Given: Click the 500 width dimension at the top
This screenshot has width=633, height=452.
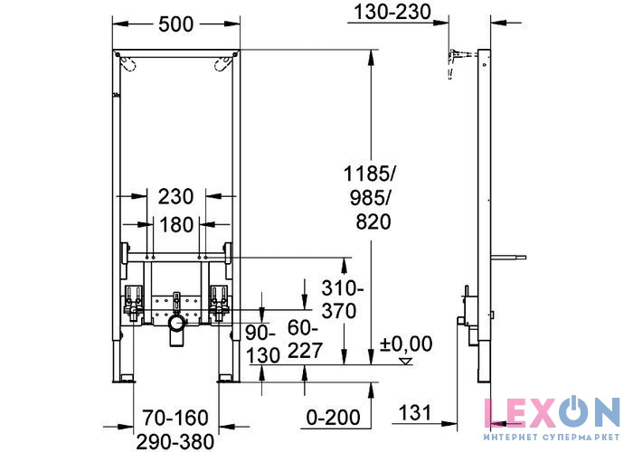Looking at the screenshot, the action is [176, 24].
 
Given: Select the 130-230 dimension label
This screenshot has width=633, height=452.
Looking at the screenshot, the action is [392, 12].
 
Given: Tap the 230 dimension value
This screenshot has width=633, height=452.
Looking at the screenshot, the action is [175, 197].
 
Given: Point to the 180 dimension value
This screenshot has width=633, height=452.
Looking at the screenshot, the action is [176, 224].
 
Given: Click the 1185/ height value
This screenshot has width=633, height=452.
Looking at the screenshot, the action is [370, 174].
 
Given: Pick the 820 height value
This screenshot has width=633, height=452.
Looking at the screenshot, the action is [373, 221].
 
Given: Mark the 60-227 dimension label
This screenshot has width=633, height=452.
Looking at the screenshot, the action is [305, 339].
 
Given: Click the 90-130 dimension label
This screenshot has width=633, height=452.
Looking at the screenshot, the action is [262, 344].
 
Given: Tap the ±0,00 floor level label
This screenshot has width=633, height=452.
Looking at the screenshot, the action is [406, 344].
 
